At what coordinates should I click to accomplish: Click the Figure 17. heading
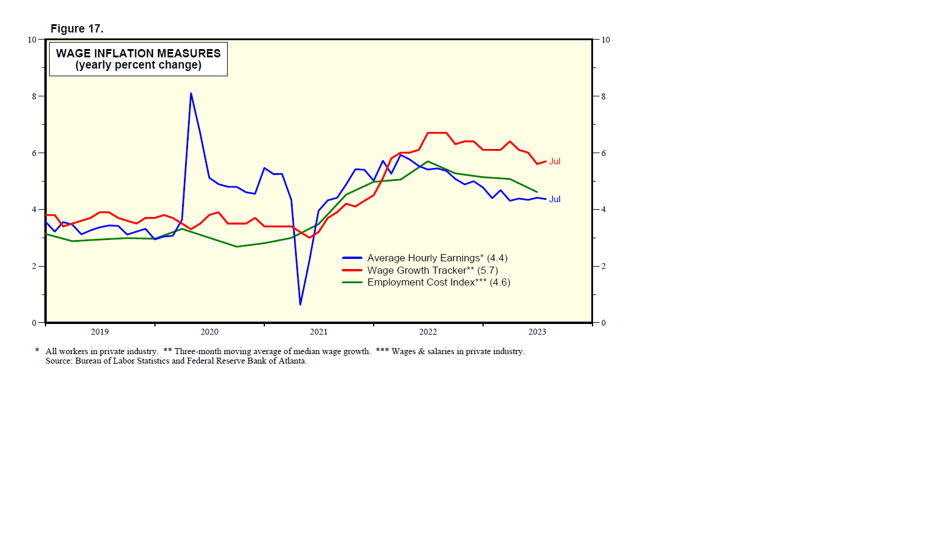pos(77,28)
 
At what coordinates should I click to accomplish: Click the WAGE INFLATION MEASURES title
pos(138,53)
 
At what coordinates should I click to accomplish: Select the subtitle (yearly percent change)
pos(138,65)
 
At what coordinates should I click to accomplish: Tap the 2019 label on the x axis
pos(99,332)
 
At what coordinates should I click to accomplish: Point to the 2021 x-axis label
pos(318,332)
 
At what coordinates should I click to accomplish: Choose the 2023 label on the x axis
pos(537,332)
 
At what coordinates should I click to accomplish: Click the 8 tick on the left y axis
pos(34,96)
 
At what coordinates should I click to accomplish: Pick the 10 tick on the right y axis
pos(605,40)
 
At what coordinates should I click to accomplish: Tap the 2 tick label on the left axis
pos(34,266)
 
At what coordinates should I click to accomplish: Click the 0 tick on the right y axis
pos(603,323)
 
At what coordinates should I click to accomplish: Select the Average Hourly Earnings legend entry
pos(437,258)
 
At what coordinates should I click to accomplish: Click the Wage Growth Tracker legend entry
pos(432,270)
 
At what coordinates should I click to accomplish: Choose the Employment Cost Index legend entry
pos(438,282)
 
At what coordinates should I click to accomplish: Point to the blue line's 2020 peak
pos(191,93)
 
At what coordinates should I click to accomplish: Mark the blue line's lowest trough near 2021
pos(300,304)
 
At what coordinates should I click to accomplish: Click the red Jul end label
pos(555,161)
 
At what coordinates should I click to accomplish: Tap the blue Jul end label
pos(555,199)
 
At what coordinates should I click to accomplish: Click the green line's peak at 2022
pos(428,161)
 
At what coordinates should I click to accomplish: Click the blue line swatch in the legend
pos(352,258)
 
